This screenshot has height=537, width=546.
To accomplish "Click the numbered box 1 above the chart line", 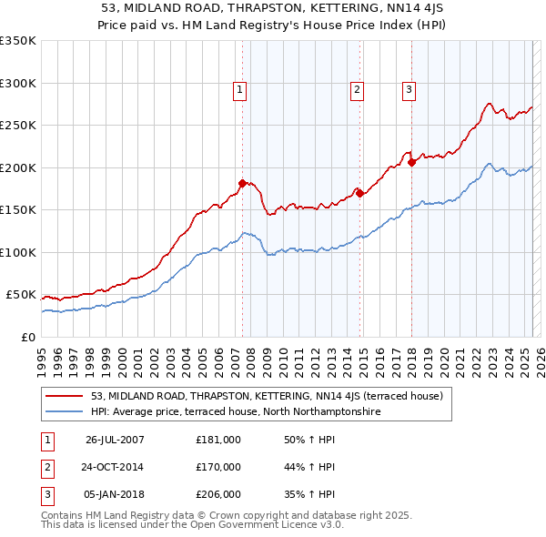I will coord(238,89).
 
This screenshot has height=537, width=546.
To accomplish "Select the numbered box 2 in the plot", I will coord(358,89).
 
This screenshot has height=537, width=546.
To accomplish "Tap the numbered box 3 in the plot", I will coord(409,89).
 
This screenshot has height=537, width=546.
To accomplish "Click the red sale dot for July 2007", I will coord(243,183).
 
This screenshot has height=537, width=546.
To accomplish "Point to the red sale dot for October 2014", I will coord(360,193).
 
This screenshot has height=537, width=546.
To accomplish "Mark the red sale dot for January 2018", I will coord(412,162).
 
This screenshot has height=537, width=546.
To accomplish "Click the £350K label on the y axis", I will coord(18,41).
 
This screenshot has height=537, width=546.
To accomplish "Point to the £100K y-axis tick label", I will coord(18,252).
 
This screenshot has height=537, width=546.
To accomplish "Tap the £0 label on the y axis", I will coord(27,337).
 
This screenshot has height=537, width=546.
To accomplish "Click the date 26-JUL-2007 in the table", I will coord(115,439).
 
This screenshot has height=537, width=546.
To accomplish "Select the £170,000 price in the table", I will coord(218,467).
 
